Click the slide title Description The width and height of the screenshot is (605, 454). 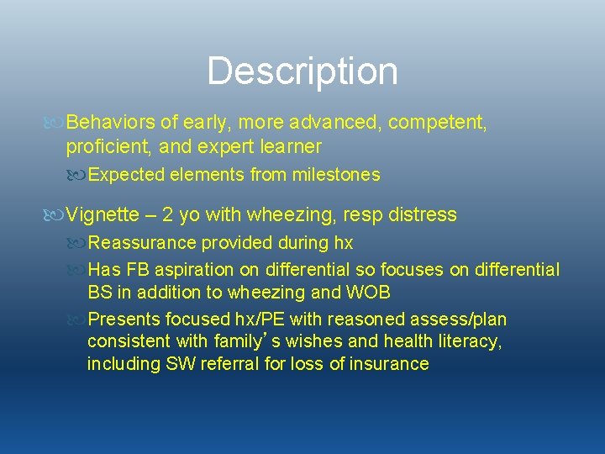(x=302, y=71)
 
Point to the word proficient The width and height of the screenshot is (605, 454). (x=106, y=147)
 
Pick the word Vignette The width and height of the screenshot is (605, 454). (x=106, y=214)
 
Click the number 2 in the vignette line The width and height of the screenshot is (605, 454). (x=168, y=214)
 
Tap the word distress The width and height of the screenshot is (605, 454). (x=422, y=214)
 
